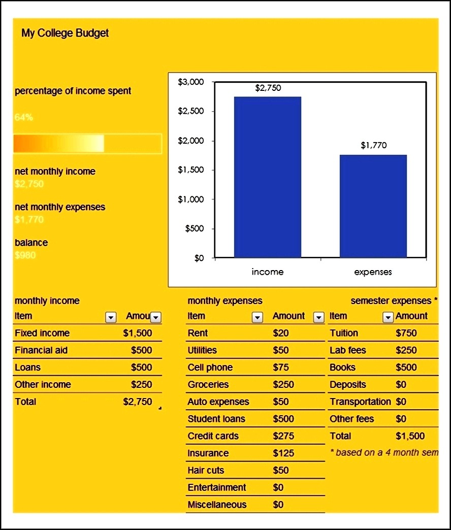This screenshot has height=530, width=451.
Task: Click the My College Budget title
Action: [65, 34]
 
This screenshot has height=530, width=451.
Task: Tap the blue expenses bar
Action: [373, 206]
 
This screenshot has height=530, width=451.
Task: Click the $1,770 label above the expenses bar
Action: [373, 146]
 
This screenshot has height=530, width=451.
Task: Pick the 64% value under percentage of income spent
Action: [24, 117]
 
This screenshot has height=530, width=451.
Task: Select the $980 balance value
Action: [25, 255]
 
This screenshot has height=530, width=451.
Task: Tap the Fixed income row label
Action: [42, 333]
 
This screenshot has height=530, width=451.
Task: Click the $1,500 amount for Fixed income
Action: [137, 333]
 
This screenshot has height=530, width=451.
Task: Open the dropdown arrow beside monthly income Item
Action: [110, 317]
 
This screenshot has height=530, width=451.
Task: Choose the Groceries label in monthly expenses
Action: [208, 384]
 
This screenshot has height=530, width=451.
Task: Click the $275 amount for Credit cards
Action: [283, 436]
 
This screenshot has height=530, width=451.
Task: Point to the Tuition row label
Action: [344, 333]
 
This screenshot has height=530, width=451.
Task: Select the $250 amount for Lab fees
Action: [406, 350]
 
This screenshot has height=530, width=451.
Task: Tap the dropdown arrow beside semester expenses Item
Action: [388, 317]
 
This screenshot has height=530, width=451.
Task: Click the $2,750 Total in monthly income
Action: [137, 402]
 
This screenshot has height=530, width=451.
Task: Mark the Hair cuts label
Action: [206, 470]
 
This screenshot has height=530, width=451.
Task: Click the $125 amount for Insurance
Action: [283, 453]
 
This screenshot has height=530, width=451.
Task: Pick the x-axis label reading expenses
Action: [373, 272]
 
